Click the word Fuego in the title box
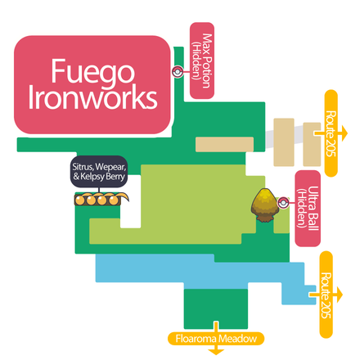click(x=92, y=70)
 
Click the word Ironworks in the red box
click(x=92, y=98)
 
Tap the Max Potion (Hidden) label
click(x=201, y=59)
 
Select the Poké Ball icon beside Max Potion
click(x=177, y=70)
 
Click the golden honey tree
click(x=264, y=205)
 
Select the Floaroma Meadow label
click(x=217, y=337)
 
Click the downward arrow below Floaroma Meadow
click(x=217, y=351)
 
